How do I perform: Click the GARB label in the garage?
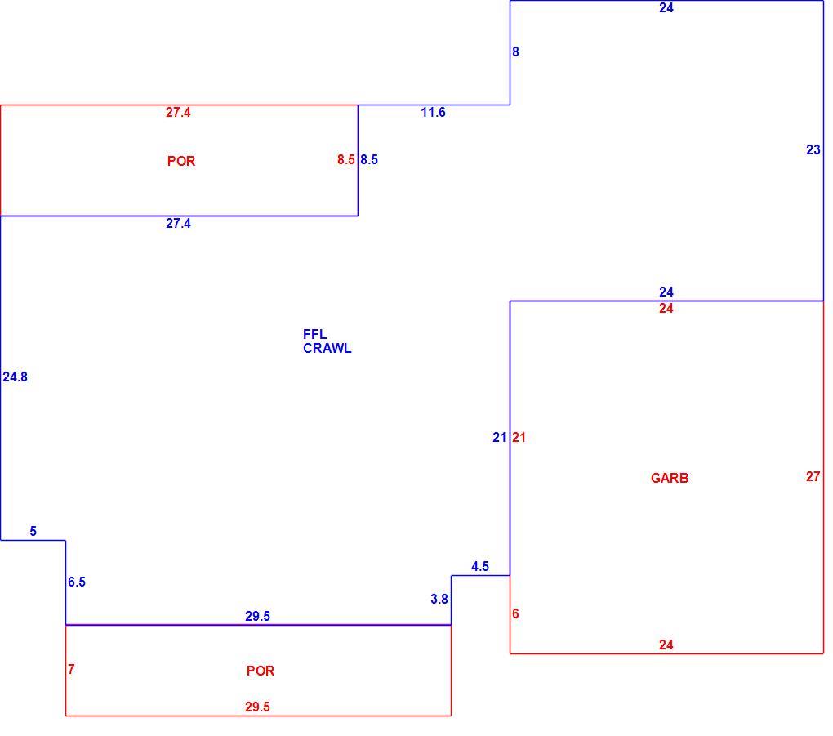pos(670,478)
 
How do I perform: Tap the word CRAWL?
pos(327,349)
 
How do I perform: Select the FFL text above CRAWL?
pos(315,334)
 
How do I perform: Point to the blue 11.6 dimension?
pos(433,112)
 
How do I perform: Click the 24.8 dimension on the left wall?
pos(15,377)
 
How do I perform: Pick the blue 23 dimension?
pos(813,149)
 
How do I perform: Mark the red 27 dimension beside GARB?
pos(813,477)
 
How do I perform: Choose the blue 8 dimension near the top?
pos(515,51)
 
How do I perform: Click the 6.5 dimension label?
pos(77,582)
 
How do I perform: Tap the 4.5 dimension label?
pos(479,566)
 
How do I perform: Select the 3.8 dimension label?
pos(439,599)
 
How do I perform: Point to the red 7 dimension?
pos(71,670)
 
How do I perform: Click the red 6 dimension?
pos(515,613)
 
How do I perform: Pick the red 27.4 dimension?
pos(178,112)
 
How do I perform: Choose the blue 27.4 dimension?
pos(178,223)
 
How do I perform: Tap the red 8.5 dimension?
pos(345,159)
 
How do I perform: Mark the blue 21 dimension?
pos(499,437)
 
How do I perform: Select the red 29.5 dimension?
pos(257,707)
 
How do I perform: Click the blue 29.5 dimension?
pos(257,616)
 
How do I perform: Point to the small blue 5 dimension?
pos(33,532)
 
